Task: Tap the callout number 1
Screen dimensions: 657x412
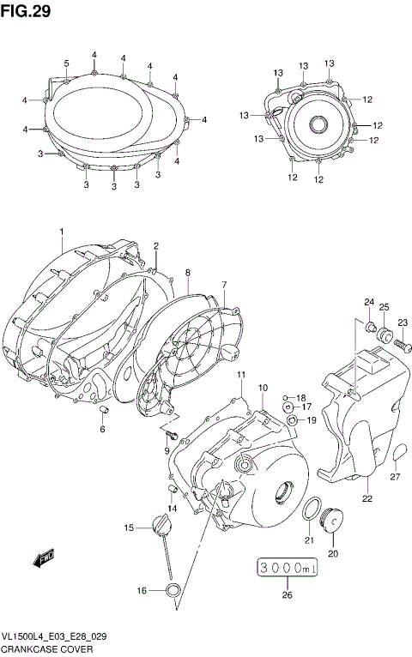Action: (62, 232)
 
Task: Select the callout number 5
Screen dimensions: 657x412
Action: (66, 63)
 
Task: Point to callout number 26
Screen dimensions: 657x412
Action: (288, 595)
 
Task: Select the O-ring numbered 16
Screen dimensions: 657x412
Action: (172, 589)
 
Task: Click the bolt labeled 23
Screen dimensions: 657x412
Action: (398, 345)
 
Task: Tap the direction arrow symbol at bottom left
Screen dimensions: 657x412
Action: (43, 560)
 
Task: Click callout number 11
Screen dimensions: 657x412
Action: (242, 375)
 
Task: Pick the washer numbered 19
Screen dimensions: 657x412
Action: (294, 419)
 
